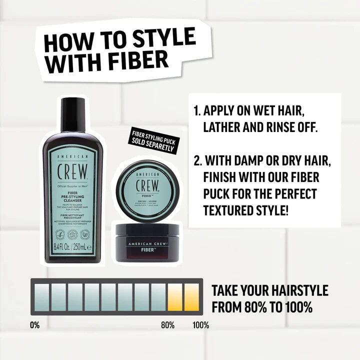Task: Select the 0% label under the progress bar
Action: pos(34,325)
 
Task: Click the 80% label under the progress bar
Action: pos(167,325)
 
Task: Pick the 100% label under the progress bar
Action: pos(201,325)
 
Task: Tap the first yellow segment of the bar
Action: pos(175,297)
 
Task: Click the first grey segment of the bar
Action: pos(42,297)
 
